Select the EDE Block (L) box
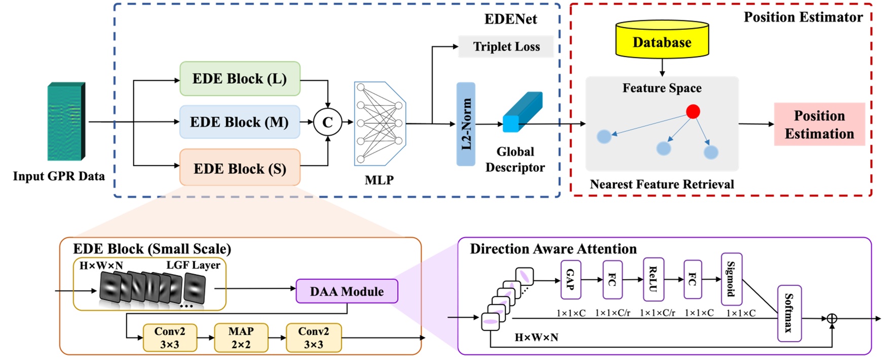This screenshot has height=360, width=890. pyautogui.click(x=240, y=79)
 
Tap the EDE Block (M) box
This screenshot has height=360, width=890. pyautogui.click(x=239, y=122)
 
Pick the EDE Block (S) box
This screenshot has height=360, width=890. pyautogui.click(x=240, y=168)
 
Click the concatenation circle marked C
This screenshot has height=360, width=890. pyautogui.click(x=328, y=122)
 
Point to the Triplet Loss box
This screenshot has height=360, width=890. pyautogui.click(x=506, y=47)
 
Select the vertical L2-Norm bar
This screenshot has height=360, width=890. pyautogui.click(x=466, y=124)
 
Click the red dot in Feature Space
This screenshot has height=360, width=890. pyautogui.click(x=693, y=112)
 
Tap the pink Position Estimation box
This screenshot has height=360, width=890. pyautogui.click(x=819, y=124)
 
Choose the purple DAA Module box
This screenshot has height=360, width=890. pyautogui.click(x=347, y=292)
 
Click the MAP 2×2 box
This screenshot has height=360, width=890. pyautogui.click(x=241, y=338)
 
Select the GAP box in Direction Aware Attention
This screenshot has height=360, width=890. pyautogui.click(x=571, y=280)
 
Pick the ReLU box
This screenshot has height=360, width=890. pyautogui.click(x=653, y=279)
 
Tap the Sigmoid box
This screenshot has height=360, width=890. pyautogui.click(x=731, y=279)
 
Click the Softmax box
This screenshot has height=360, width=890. pyautogui.click(x=789, y=313)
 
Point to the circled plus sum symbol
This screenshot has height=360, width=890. pyautogui.click(x=832, y=318)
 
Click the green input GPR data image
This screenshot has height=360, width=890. pyautogui.click(x=65, y=122)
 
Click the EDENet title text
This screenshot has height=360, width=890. pyautogui.click(x=510, y=19)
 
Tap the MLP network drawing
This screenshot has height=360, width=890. pyautogui.click(x=379, y=123)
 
